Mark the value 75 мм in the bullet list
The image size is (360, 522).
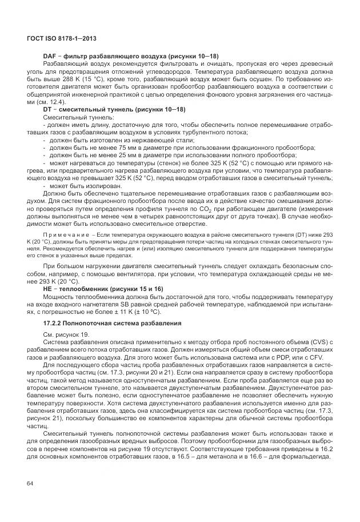click(120, 147)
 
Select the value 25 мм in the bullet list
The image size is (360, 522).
click(120, 155)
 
